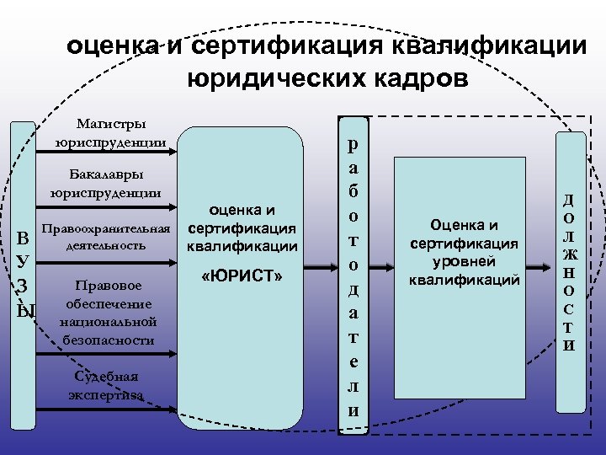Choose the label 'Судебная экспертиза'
[106, 384]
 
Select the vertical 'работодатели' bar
[353, 275]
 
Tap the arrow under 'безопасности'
[106, 354]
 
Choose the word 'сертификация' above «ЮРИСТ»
[242, 228]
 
